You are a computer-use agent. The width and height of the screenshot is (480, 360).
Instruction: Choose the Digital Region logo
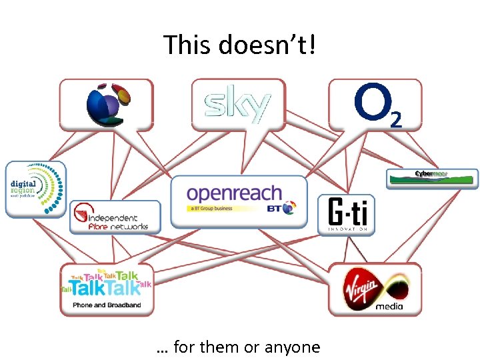tap(36, 187)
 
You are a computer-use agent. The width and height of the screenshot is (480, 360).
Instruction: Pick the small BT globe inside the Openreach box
tap(289, 209)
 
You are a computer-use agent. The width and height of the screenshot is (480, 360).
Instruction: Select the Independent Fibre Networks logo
tap(115, 217)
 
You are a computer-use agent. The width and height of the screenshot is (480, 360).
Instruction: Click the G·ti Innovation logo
tap(347, 215)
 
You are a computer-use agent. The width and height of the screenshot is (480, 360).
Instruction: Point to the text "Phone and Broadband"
tap(107, 305)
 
